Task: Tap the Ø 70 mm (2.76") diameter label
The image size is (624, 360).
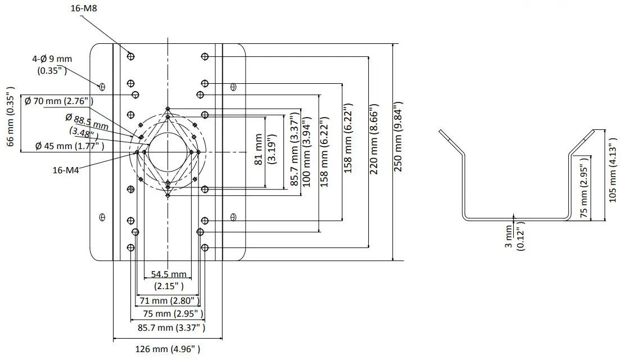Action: pos(59,101)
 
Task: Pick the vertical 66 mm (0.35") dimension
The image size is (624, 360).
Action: pos(10,117)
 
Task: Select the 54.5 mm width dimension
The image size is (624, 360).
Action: pos(169,279)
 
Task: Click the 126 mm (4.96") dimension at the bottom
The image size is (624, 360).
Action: pos(168,350)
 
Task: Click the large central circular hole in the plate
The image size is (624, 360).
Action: pos(168,151)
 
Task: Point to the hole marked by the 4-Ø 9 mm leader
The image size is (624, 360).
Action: pos(102,87)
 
